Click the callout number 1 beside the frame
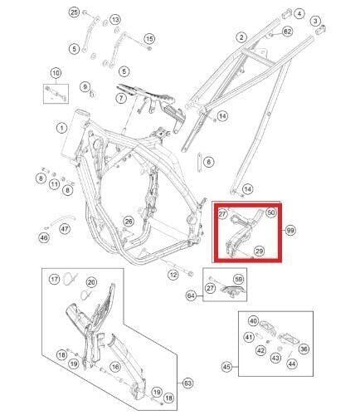click(61, 128)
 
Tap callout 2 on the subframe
click(241, 37)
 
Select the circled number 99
click(290, 230)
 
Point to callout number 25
click(74, 12)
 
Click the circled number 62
click(287, 32)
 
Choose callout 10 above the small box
click(56, 73)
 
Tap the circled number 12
click(173, 275)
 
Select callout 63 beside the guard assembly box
click(187, 383)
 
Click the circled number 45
click(226, 367)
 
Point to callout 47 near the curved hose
click(65, 229)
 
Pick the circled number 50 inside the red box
click(271, 212)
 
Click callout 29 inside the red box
click(259, 251)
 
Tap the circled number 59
click(238, 280)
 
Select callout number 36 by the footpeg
click(304, 349)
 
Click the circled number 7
click(121, 98)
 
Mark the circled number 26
click(129, 222)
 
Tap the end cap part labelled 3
click(321, 29)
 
